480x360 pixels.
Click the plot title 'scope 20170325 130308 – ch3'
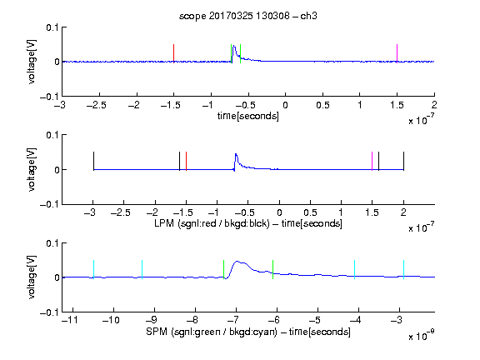(248, 16)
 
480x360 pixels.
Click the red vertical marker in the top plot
(174, 53)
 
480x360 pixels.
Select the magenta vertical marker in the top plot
(397, 53)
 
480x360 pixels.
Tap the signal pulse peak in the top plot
(234, 46)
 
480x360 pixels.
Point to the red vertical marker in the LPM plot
(186, 161)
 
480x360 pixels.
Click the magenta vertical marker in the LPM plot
(372, 161)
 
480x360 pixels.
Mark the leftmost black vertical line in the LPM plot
(93, 161)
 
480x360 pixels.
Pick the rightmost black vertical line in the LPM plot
(404, 161)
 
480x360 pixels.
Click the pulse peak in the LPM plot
(236, 154)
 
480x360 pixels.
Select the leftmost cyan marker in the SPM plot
(93, 269)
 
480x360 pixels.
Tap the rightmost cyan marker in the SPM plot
(404, 269)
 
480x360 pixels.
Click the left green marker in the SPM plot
(224, 269)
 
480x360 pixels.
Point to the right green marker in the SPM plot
(272, 269)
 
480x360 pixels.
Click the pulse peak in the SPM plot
(237, 262)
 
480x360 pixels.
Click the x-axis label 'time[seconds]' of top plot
(248, 116)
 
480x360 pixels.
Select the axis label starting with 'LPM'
(248, 223)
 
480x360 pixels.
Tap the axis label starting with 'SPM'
(248, 332)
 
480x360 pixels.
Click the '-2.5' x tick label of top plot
(97, 105)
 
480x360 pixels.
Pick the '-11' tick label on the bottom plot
(70, 320)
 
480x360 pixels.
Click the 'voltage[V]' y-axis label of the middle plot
(32, 170)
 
